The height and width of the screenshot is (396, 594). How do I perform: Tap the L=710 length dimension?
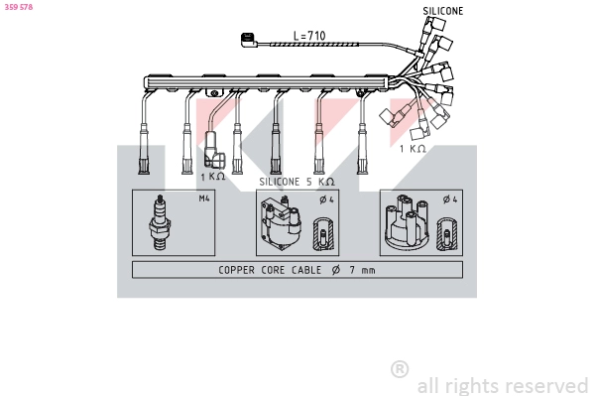point(309,36)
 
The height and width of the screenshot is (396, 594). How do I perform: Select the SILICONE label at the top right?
point(442,11)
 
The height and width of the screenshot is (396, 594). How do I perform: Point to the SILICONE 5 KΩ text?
point(297,182)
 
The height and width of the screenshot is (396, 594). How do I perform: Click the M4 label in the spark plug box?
point(204,198)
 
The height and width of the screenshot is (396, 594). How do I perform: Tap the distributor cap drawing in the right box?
point(404,226)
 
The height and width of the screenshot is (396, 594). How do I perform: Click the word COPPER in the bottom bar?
point(237,270)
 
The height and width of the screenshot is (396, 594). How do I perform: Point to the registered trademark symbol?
point(400,369)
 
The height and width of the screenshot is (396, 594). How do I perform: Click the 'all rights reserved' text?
point(503,385)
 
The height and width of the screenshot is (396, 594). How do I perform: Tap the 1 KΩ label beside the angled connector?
point(212,176)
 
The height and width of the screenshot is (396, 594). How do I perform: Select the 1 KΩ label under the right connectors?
point(413,149)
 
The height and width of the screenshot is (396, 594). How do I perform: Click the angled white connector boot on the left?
point(212,148)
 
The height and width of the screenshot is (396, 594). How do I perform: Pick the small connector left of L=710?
point(247,40)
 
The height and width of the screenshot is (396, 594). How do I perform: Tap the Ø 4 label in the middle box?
point(323,199)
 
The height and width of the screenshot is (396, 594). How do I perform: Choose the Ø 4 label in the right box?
point(449,199)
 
